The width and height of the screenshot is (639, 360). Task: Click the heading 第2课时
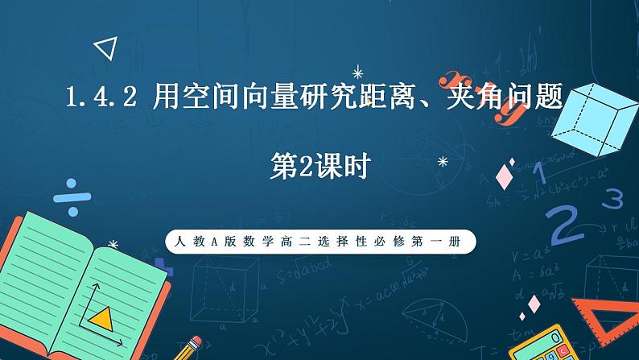click(x=320, y=168)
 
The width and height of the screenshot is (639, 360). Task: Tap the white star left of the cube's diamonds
click(x=442, y=162)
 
